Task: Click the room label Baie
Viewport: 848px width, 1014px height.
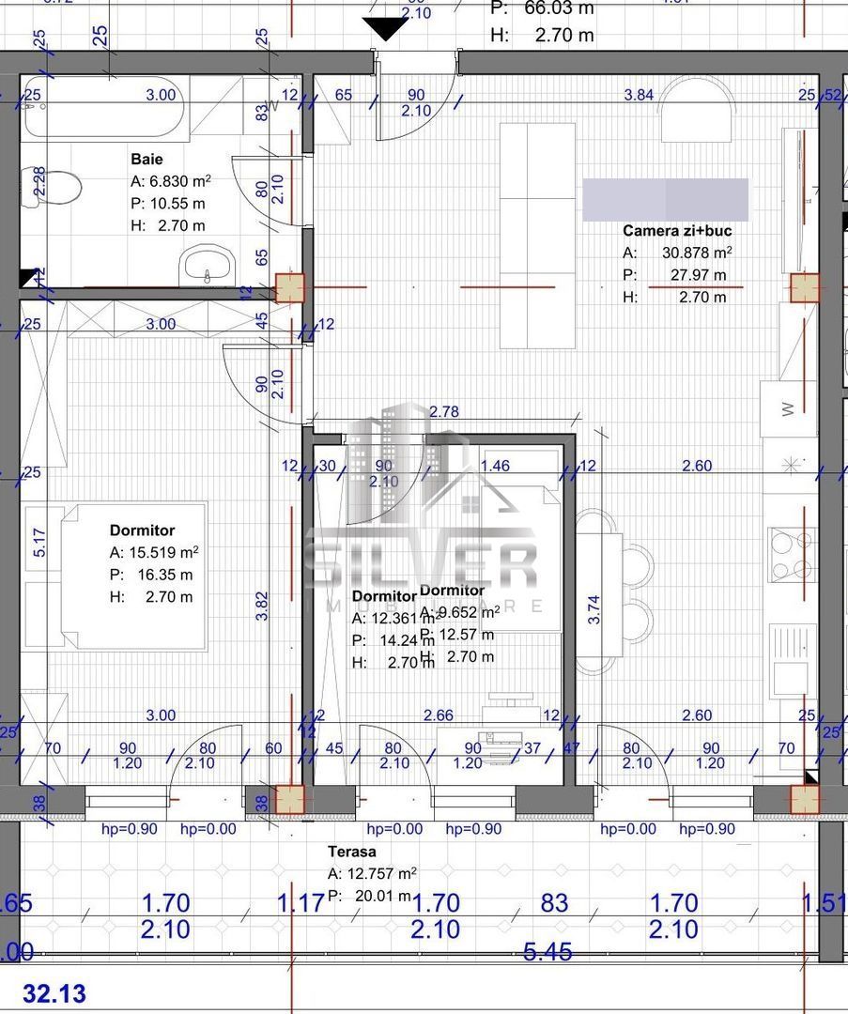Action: (x=146, y=160)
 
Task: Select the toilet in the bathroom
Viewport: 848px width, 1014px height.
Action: (x=60, y=187)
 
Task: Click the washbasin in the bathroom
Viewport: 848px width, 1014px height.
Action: (x=206, y=265)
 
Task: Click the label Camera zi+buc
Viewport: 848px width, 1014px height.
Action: (x=677, y=230)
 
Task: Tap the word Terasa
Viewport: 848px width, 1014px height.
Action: (x=352, y=853)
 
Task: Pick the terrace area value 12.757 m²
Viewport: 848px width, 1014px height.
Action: (x=382, y=874)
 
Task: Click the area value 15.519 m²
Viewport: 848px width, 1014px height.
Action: (x=164, y=553)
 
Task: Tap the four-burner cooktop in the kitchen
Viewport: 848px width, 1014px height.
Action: (x=790, y=555)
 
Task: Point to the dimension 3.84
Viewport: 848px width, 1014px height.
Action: (x=639, y=94)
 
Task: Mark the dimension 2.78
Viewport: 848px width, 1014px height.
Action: (x=445, y=411)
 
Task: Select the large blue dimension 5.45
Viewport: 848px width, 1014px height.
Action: (x=547, y=952)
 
